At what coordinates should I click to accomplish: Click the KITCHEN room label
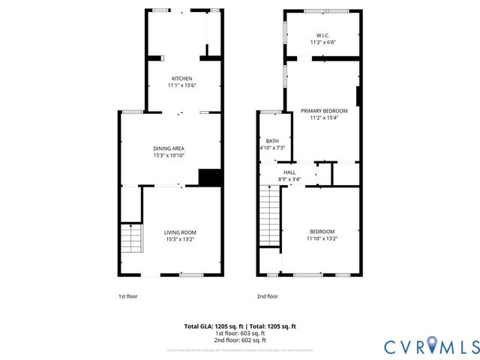(181, 79)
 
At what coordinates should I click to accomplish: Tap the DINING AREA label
(169, 148)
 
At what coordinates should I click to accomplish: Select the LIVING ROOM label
(180, 232)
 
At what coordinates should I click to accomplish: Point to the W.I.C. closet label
(323, 35)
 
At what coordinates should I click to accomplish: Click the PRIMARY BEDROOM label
(325, 111)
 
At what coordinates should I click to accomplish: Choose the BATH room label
(271, 140)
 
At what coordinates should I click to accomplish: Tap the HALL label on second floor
(289, 172)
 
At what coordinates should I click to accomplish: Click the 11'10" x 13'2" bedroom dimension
(322, 238)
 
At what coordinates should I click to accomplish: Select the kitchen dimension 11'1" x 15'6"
(181, 86)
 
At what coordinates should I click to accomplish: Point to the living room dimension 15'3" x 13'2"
(180, 240)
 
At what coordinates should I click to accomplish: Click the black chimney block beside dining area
(209, 177)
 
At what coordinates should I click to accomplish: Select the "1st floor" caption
(128, 296)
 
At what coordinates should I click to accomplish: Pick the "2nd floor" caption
(268, 296)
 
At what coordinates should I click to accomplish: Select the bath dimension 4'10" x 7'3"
(271, 148)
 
